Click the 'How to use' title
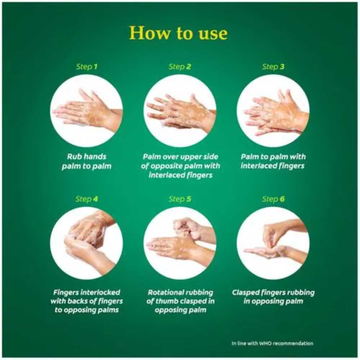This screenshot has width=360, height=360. pyautogui.click(x=179, y=33)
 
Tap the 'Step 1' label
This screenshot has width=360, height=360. pyautogui.click(x=86, y=67)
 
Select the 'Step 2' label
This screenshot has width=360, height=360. pyautogui.click(x=180, y=67)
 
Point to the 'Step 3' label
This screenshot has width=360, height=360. pyautogui.click(x=273, y=67)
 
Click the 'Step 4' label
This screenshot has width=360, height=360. pyautogui.click(x=86, y=199)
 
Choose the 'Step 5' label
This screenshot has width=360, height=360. pyautogui.click(x=180, y=199)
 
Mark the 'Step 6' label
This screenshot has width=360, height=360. pyautogui.click(x=273, y=199)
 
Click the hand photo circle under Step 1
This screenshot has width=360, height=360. pyautogui.click(x=86, y=111)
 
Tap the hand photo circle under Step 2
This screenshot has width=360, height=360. pyautogui.click(x=180, y=111)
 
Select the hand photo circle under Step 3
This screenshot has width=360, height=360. pyautogui.click(x=273, y=111)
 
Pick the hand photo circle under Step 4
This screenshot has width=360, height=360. pyautogui.click(x=86, y=243)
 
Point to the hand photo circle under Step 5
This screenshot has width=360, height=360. pyautogui.click(x=180, y=243)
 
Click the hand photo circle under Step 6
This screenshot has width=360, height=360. pyautogui.click(x=273, y=243)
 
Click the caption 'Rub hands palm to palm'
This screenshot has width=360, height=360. pyautogui.click(x=86, y=161)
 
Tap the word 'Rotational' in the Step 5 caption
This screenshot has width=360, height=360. pyautogui.click(x=163, y=292)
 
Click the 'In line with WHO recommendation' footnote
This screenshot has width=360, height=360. pyautogui.click(x=273, y=343)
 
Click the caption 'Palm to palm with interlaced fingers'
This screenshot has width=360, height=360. pyautogui.click(x=273, y=161)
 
